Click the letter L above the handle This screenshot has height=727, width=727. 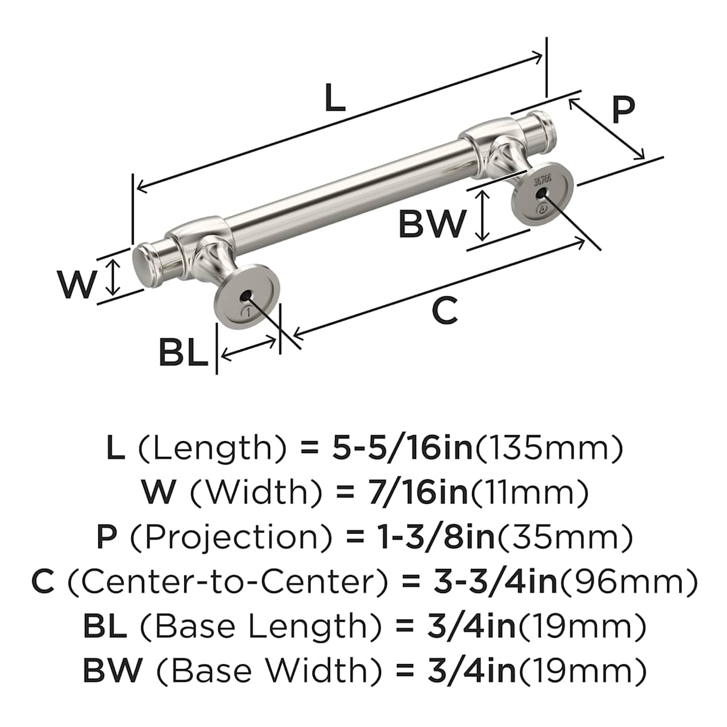click(335, 98)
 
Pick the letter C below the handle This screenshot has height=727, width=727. click(445, 311)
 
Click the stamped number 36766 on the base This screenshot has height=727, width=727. click(543, 181)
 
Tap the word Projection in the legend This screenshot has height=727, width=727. click(230, 539)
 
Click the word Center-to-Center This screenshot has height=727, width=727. click(228, 582)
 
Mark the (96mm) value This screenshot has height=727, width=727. click(628, 583)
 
